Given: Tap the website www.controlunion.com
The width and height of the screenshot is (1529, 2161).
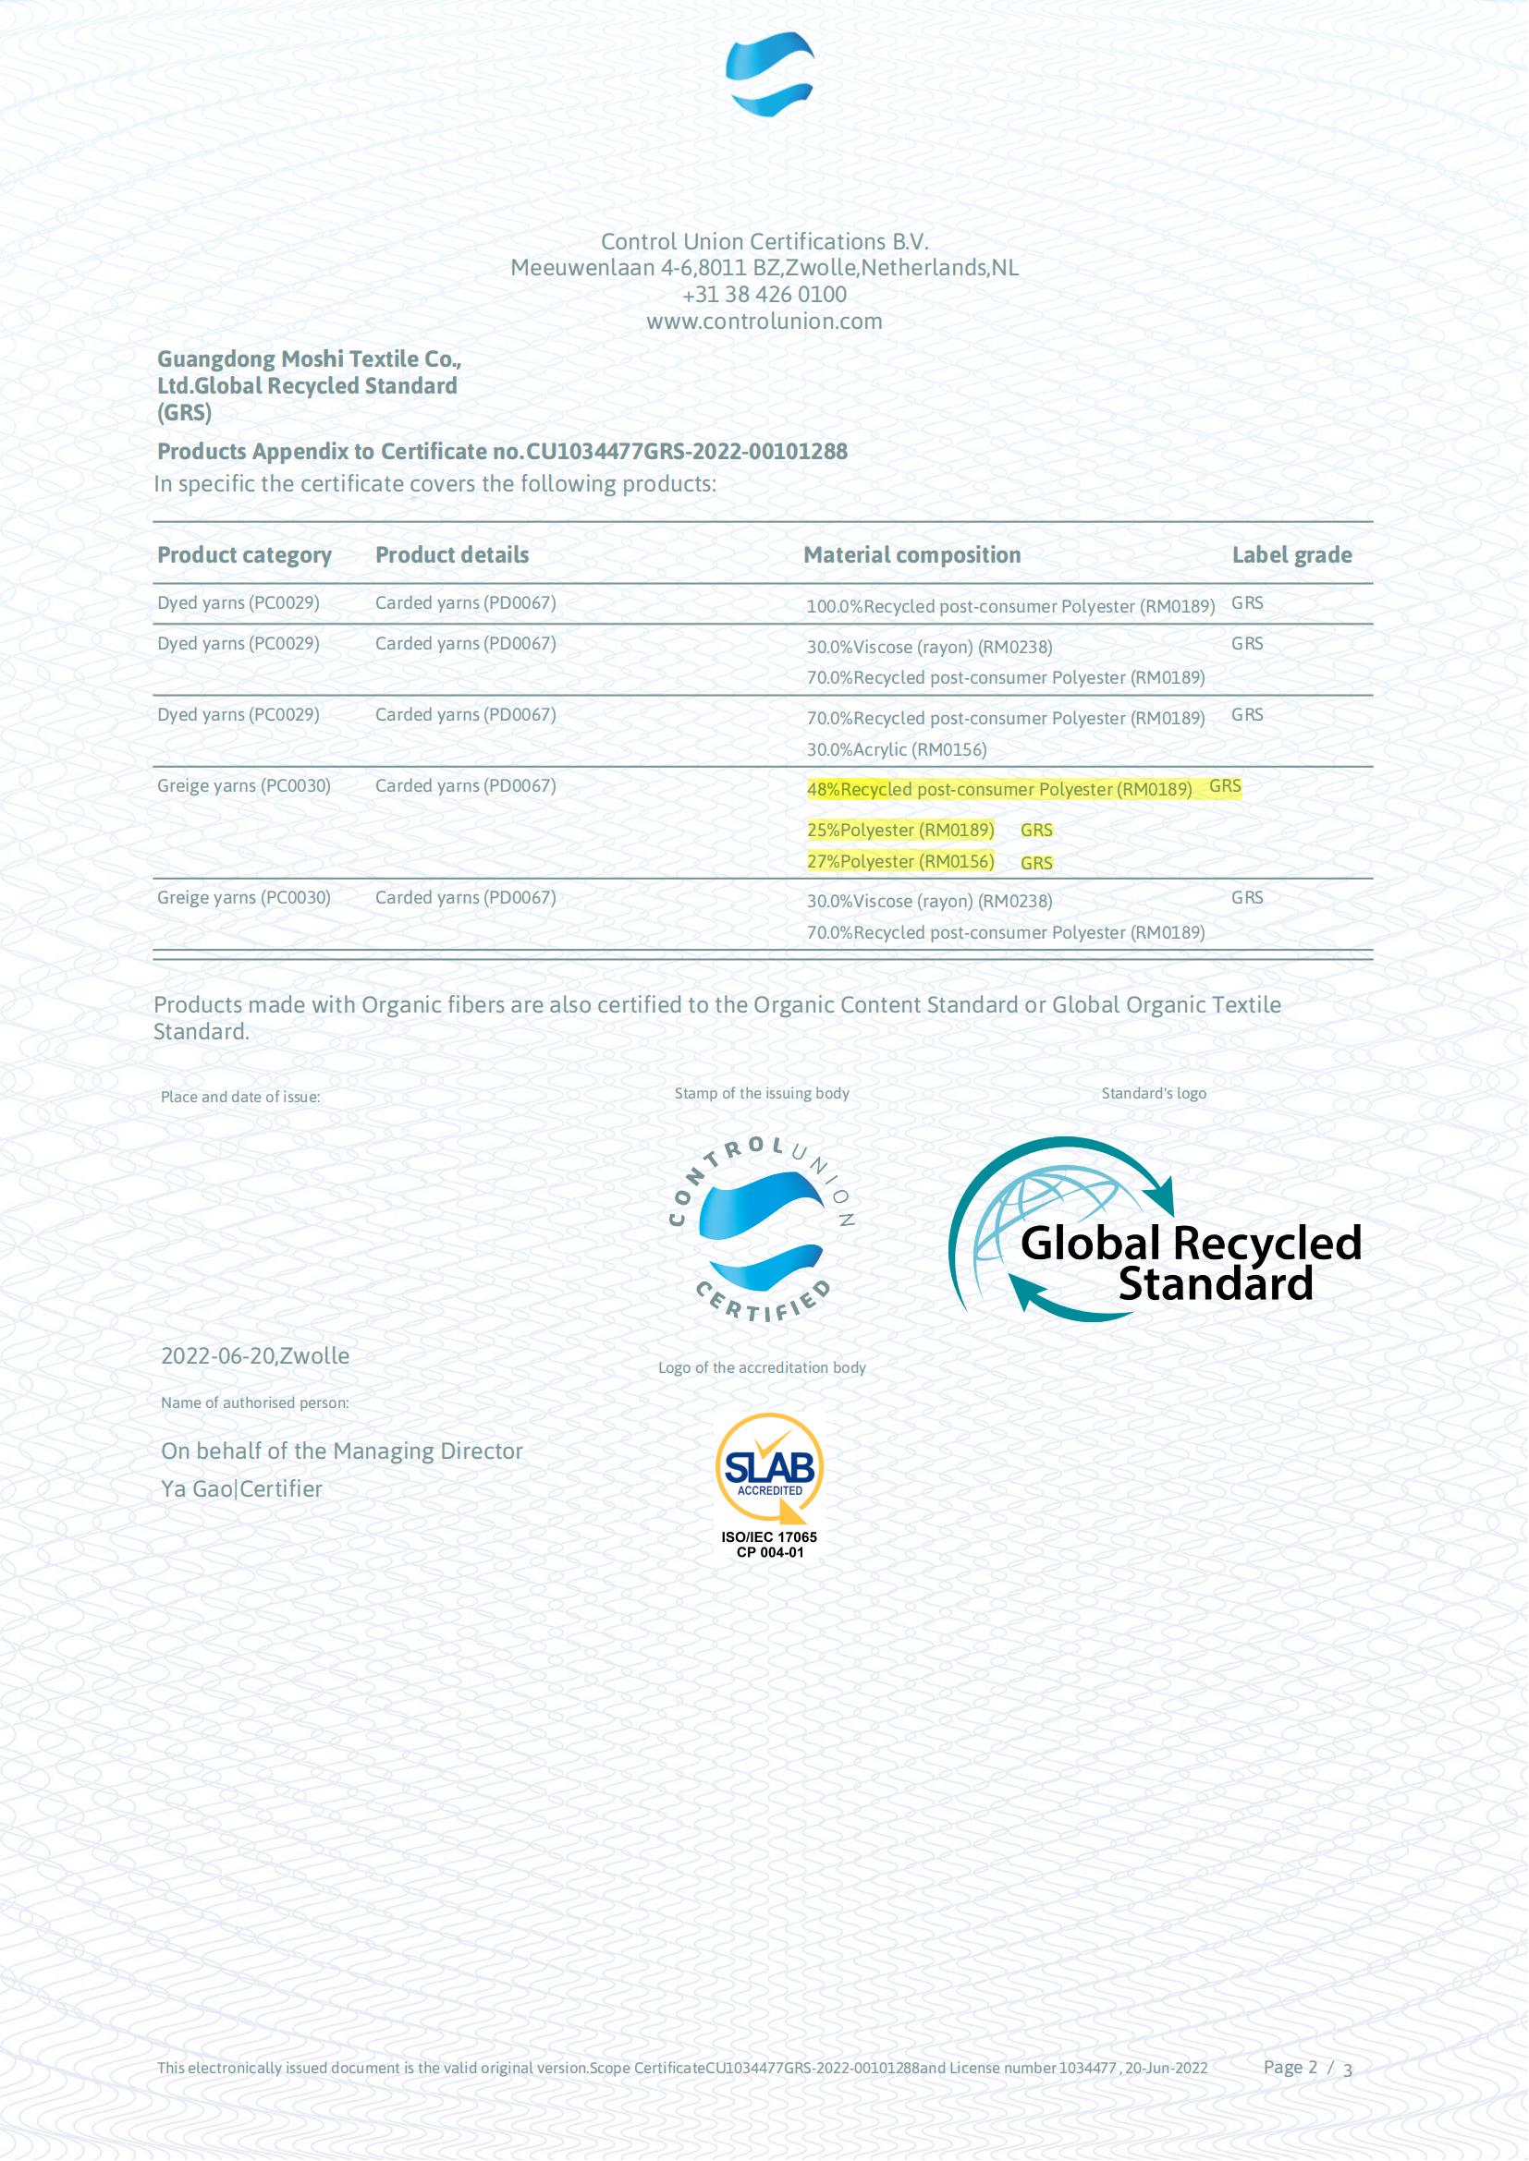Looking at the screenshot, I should coord(764,322).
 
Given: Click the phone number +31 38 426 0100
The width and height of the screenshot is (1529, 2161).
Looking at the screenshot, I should coord(764,295).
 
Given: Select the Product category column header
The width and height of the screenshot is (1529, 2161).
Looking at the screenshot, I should coord(244,555).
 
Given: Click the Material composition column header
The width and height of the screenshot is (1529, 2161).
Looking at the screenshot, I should coord(911,555).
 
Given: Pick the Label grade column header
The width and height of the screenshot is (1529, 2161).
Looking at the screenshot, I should coord(1291,555).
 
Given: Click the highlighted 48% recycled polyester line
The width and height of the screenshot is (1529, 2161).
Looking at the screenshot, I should coord(999,790).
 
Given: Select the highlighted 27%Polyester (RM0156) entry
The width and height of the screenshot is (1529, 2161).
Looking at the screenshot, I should coord(900,861).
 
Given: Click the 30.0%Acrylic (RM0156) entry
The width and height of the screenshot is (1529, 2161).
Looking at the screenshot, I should coord(897,750).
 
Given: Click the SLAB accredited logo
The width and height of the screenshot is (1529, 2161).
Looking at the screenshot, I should coord(769,1467).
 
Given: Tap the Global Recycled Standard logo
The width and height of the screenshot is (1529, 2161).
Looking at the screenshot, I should coord(1156,1228).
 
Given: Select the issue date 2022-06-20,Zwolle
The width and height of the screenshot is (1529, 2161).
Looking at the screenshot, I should coord(255,1356).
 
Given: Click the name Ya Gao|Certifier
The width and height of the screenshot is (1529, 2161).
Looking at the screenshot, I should coord(242,1489).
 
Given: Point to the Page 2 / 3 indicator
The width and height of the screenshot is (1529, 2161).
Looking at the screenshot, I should coord(1307,2068).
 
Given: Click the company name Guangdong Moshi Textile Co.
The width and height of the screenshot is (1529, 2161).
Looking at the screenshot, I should coord(309,359).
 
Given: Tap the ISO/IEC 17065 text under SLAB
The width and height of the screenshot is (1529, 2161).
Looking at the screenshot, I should coord(769,1537).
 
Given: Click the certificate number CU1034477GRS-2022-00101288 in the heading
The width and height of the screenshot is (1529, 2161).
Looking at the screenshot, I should coord(686,452).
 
